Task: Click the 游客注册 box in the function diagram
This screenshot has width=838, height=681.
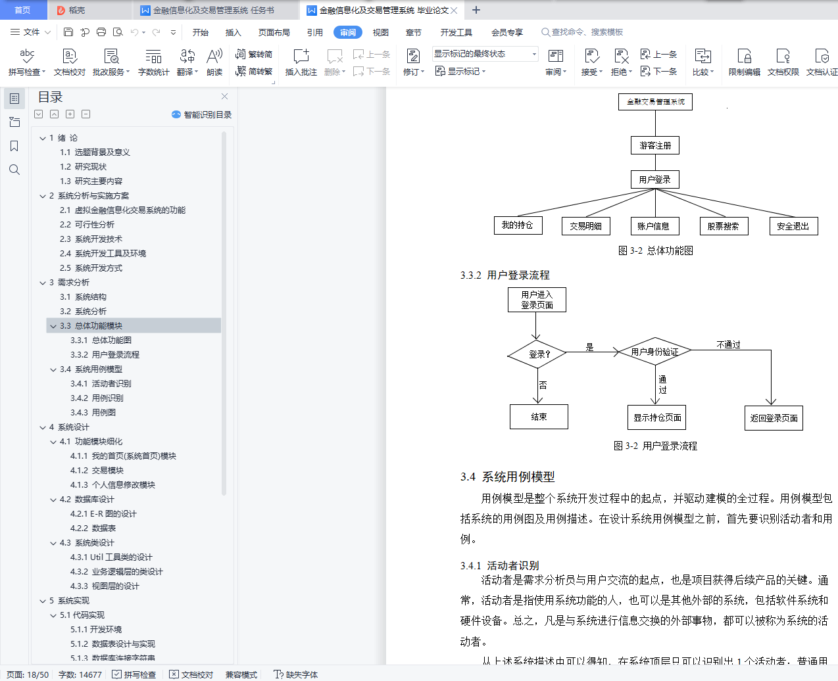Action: [655, 145]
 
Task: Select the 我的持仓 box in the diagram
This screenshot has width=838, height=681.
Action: [518, 225]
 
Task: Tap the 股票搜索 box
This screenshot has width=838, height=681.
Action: [724, 226]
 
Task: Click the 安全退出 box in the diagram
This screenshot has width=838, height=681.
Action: [793, 226]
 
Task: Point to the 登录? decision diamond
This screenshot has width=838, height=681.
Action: [537, 354]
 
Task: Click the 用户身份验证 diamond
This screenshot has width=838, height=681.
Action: [654, 352]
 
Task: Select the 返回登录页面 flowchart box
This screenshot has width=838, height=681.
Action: [774, 418]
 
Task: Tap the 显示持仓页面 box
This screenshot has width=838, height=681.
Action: [657, 417]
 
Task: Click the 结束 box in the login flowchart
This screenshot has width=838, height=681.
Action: [539, 417]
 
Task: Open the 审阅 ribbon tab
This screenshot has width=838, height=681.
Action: [348, 32]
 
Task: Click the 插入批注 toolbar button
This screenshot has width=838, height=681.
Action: [301, 62]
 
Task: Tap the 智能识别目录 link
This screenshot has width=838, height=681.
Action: [202, 114]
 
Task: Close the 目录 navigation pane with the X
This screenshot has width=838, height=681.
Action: [224, 97]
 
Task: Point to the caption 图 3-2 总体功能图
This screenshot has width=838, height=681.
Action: [655, 250]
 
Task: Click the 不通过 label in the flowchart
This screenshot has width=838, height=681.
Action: [728, 344]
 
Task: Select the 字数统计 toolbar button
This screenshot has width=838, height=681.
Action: [153, 62]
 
